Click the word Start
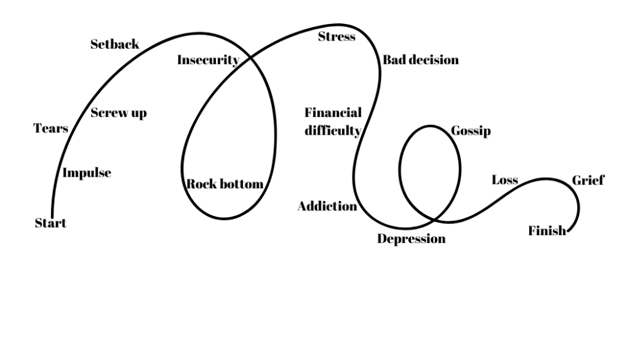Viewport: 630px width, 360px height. point(50,223)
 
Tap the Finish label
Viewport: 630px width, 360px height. point(546,231)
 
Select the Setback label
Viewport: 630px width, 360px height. point(114,44)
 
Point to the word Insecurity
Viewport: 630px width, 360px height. point(208,60)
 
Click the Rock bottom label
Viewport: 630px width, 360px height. point(225,184)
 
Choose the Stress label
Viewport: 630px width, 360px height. point(337,37)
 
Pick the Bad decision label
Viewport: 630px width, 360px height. point(421,60)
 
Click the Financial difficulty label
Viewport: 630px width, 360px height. point(333,121)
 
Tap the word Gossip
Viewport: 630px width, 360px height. point(471,132)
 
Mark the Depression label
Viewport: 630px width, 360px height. point(411,239)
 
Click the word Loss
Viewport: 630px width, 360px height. point(504,180)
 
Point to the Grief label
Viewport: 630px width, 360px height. point(588,180)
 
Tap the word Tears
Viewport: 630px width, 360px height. point(50,129)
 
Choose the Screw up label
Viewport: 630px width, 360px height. point(119,113)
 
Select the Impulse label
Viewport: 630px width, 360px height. point(87,173)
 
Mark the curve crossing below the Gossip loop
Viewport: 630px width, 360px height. point(435,220)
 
